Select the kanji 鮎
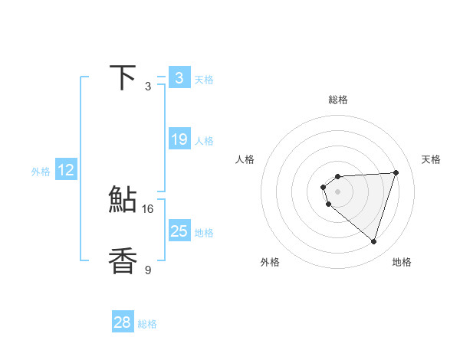(x=123, y=201)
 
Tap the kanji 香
(x=123, y=260)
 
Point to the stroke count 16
(x=148, y=208)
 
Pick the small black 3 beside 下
(x=148, y=87)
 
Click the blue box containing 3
(x=179, y=77)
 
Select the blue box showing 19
(x=179, y=139)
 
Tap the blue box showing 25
(x=179, y=231)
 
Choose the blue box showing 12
(x=66, y=170)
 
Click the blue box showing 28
(x=122, y=322)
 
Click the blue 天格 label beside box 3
(x=204, y=80)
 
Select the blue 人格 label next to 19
(x=204, y=141)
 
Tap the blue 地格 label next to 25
(x=204, y=233)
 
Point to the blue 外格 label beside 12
(x=41, y=172)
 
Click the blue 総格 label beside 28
(x=147, y=325)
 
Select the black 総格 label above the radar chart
(x=337, y=100)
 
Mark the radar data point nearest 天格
(x=396, y=172)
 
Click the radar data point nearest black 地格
(x=373, y=241)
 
